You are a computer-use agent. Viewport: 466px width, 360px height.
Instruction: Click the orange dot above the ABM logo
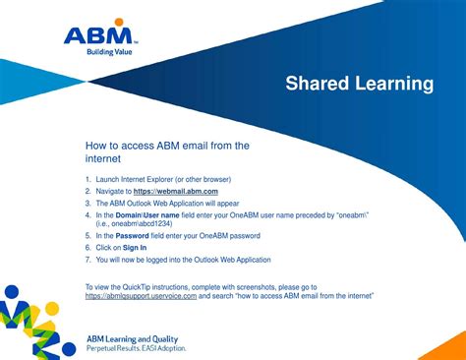click(119, 22)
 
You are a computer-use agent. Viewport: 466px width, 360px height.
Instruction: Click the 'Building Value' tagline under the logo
click(109, 52)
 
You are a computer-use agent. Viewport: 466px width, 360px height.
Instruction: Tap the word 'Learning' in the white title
click(394, 84)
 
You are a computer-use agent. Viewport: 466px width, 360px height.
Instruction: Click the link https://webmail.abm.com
click(176, 192)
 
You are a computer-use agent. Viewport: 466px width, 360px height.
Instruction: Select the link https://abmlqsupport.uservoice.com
click(141, 296)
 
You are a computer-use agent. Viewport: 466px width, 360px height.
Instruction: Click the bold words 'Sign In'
click(135, 248)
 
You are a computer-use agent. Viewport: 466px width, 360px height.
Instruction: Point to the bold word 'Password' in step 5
click(132, 236)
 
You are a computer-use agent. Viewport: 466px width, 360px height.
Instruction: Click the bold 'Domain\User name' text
click(147, 215)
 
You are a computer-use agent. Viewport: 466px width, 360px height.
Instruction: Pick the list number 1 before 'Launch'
click(87, 179)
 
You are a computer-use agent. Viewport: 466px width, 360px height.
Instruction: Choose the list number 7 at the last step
click(87, 260)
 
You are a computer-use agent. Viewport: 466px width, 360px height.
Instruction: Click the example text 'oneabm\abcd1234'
click(141, 223)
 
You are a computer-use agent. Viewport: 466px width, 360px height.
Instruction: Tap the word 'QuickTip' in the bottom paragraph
click(137, 287)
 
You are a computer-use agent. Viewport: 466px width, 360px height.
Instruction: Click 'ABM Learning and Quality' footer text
click(133, 339)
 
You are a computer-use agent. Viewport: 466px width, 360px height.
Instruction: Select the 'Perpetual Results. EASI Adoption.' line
click(137, 348)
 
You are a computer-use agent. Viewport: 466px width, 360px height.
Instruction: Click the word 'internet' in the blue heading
click(103, 158)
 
